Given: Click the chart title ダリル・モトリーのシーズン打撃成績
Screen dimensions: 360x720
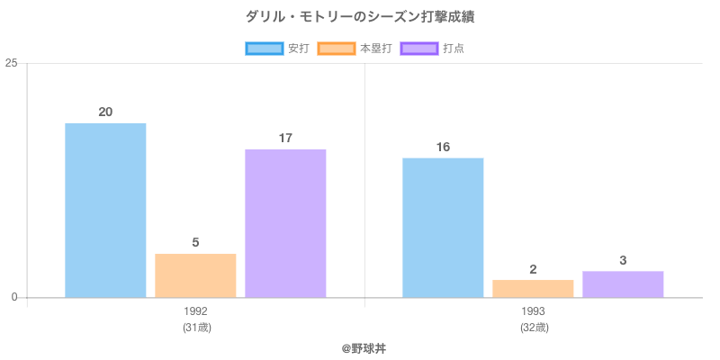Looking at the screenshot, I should pos(360,16).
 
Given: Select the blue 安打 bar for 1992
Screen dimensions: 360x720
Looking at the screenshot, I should pos(105,211).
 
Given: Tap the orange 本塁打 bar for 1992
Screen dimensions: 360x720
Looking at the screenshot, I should pos(195,275).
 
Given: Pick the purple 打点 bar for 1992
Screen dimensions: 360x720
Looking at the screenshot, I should pos(285,223).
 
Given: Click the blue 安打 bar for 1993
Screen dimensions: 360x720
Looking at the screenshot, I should pos(443,228).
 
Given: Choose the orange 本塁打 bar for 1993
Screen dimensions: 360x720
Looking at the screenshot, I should pos(533,288).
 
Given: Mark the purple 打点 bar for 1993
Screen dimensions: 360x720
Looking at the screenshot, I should pos(623,283).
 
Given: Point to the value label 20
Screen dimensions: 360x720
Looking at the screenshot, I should pos(105,112).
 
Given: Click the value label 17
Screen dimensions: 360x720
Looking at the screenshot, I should pos(285,139).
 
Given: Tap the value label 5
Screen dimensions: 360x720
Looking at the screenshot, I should pos(195,243).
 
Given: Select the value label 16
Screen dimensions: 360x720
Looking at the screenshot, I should pos(443,148).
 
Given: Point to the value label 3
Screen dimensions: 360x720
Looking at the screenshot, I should pos(623,261).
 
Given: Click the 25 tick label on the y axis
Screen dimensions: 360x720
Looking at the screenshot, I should pos(12,63).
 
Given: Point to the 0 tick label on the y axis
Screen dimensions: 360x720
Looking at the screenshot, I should pos(15,298).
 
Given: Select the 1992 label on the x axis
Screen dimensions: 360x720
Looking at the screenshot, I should pos(195,311).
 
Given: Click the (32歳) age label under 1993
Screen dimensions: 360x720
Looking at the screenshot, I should pos(533,328).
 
